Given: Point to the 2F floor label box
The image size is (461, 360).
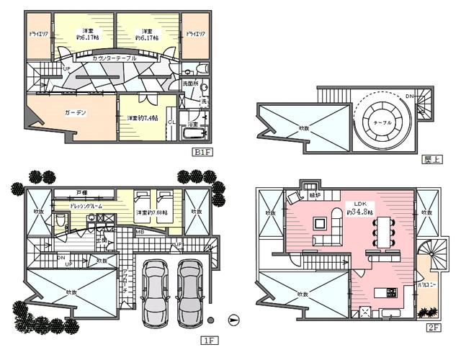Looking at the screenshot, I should pos(433,327).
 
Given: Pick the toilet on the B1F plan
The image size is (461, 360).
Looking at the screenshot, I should pos(188,71).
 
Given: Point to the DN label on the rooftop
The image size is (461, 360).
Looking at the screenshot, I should pos(409,96).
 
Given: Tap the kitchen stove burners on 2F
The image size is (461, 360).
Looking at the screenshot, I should pos(392,293).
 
